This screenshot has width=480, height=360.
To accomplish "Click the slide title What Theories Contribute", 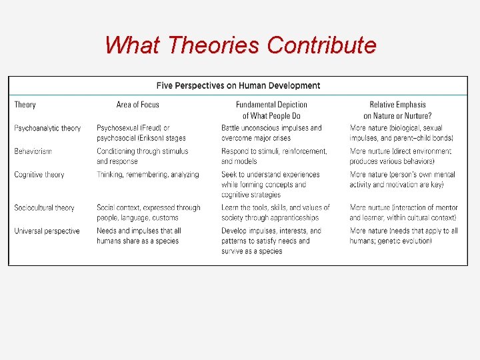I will click(240, 45).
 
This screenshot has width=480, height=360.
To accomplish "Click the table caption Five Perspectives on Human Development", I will click(238, 85).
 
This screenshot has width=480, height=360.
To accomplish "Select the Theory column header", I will click(25, 105).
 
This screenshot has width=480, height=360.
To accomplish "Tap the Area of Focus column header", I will click(137, 105).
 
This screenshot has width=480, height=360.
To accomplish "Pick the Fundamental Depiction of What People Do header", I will click(271, 110).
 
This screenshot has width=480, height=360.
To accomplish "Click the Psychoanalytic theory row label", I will click(47, 128).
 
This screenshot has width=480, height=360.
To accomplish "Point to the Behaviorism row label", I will click(33, 151).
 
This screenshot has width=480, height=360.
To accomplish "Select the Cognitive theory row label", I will click(39, 175).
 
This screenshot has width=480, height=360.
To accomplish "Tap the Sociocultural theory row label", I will click(44, 208).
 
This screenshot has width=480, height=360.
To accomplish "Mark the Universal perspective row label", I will click(47, 231).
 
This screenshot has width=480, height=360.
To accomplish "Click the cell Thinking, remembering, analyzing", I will click(147, 175).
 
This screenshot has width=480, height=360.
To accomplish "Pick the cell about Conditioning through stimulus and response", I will click(142, 156).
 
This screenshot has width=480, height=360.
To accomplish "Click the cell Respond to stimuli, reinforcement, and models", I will click(274, 156).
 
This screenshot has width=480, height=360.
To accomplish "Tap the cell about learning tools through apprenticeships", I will click(275, 213).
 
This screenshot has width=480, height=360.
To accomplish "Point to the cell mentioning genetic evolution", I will click(403, 236).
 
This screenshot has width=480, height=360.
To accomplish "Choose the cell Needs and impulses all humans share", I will click(139, 236).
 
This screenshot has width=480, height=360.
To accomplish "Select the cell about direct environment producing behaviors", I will click(401, 156).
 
